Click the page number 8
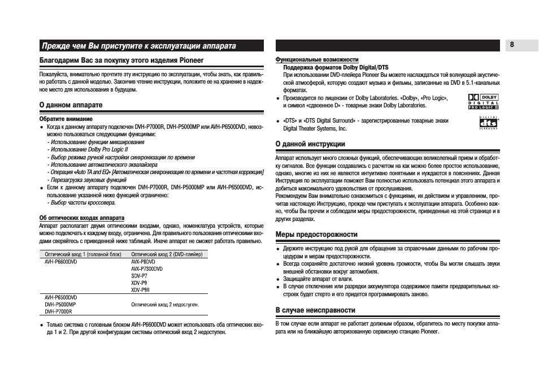(512, 45)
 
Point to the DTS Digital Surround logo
(488, 123)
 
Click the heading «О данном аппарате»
(71, 105)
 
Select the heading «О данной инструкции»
(310, 144)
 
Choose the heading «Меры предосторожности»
(316, 234)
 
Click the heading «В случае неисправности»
(315, 310)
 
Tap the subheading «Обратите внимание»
(66, 119)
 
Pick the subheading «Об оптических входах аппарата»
(81, 218)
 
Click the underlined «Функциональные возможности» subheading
(316, 59)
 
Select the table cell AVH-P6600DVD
(61, 262)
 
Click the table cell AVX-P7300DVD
(146, 269)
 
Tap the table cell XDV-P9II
(140, 289)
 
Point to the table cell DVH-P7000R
(58, 311)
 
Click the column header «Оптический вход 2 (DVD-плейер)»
(167, 254)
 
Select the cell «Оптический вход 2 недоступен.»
(165, 304)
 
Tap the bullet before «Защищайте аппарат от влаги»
(278, 279)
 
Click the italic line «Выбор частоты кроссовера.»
(82, 202)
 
